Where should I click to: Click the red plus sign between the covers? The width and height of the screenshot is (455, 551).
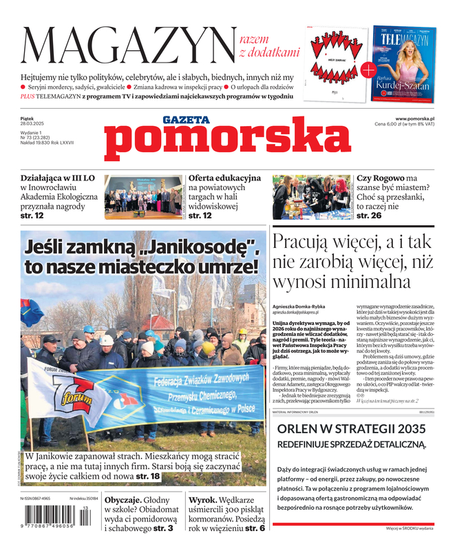click(368, 69)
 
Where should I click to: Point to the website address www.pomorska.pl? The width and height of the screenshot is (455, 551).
click(419, 118)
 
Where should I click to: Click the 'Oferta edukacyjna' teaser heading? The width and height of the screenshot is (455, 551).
click(224, 177)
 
